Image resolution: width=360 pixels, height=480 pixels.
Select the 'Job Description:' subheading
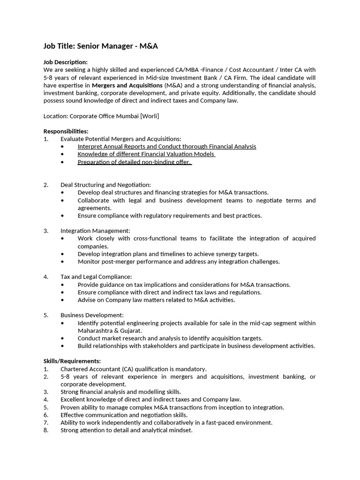(x=66, y=62)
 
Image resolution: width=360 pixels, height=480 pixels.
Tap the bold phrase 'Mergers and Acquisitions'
(x=127, y=85)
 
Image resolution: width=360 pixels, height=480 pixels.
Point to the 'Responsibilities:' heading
(x=66, y=131)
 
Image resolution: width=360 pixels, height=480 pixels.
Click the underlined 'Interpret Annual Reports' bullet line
(x=167, y=146)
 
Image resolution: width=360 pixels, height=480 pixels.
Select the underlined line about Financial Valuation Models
(x=146, y=154)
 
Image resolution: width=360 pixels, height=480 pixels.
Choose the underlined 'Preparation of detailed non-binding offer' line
(x=135, y=162)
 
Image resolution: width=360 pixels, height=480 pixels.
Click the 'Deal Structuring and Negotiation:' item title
(x=105, y=185)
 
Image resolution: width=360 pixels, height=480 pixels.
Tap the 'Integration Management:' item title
(x=95, y=231)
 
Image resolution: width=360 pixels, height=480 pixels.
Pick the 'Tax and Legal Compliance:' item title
(x=96, y=277)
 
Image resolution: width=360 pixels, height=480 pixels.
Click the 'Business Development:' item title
(x=92, y=315)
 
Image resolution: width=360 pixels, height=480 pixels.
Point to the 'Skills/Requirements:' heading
(x=72, y=361)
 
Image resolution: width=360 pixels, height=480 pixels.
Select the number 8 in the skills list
(x=45, y=430)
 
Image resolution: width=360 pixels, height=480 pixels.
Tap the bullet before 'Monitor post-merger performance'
(x=63, y=262)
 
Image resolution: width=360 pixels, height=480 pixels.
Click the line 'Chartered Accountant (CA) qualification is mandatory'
(x=134, y=369)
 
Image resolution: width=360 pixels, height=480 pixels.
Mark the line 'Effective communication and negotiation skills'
(x=124, y=415)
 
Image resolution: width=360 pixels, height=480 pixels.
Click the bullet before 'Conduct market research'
(x=63, y=338)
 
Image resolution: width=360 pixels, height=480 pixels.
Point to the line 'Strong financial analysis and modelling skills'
(x=121, y=391)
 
